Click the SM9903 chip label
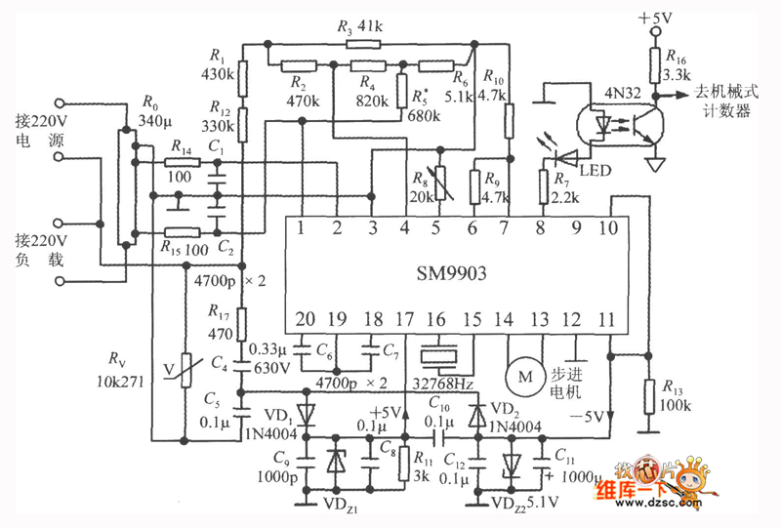tap(450, 274)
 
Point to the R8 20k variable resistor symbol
tap(440, 183)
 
